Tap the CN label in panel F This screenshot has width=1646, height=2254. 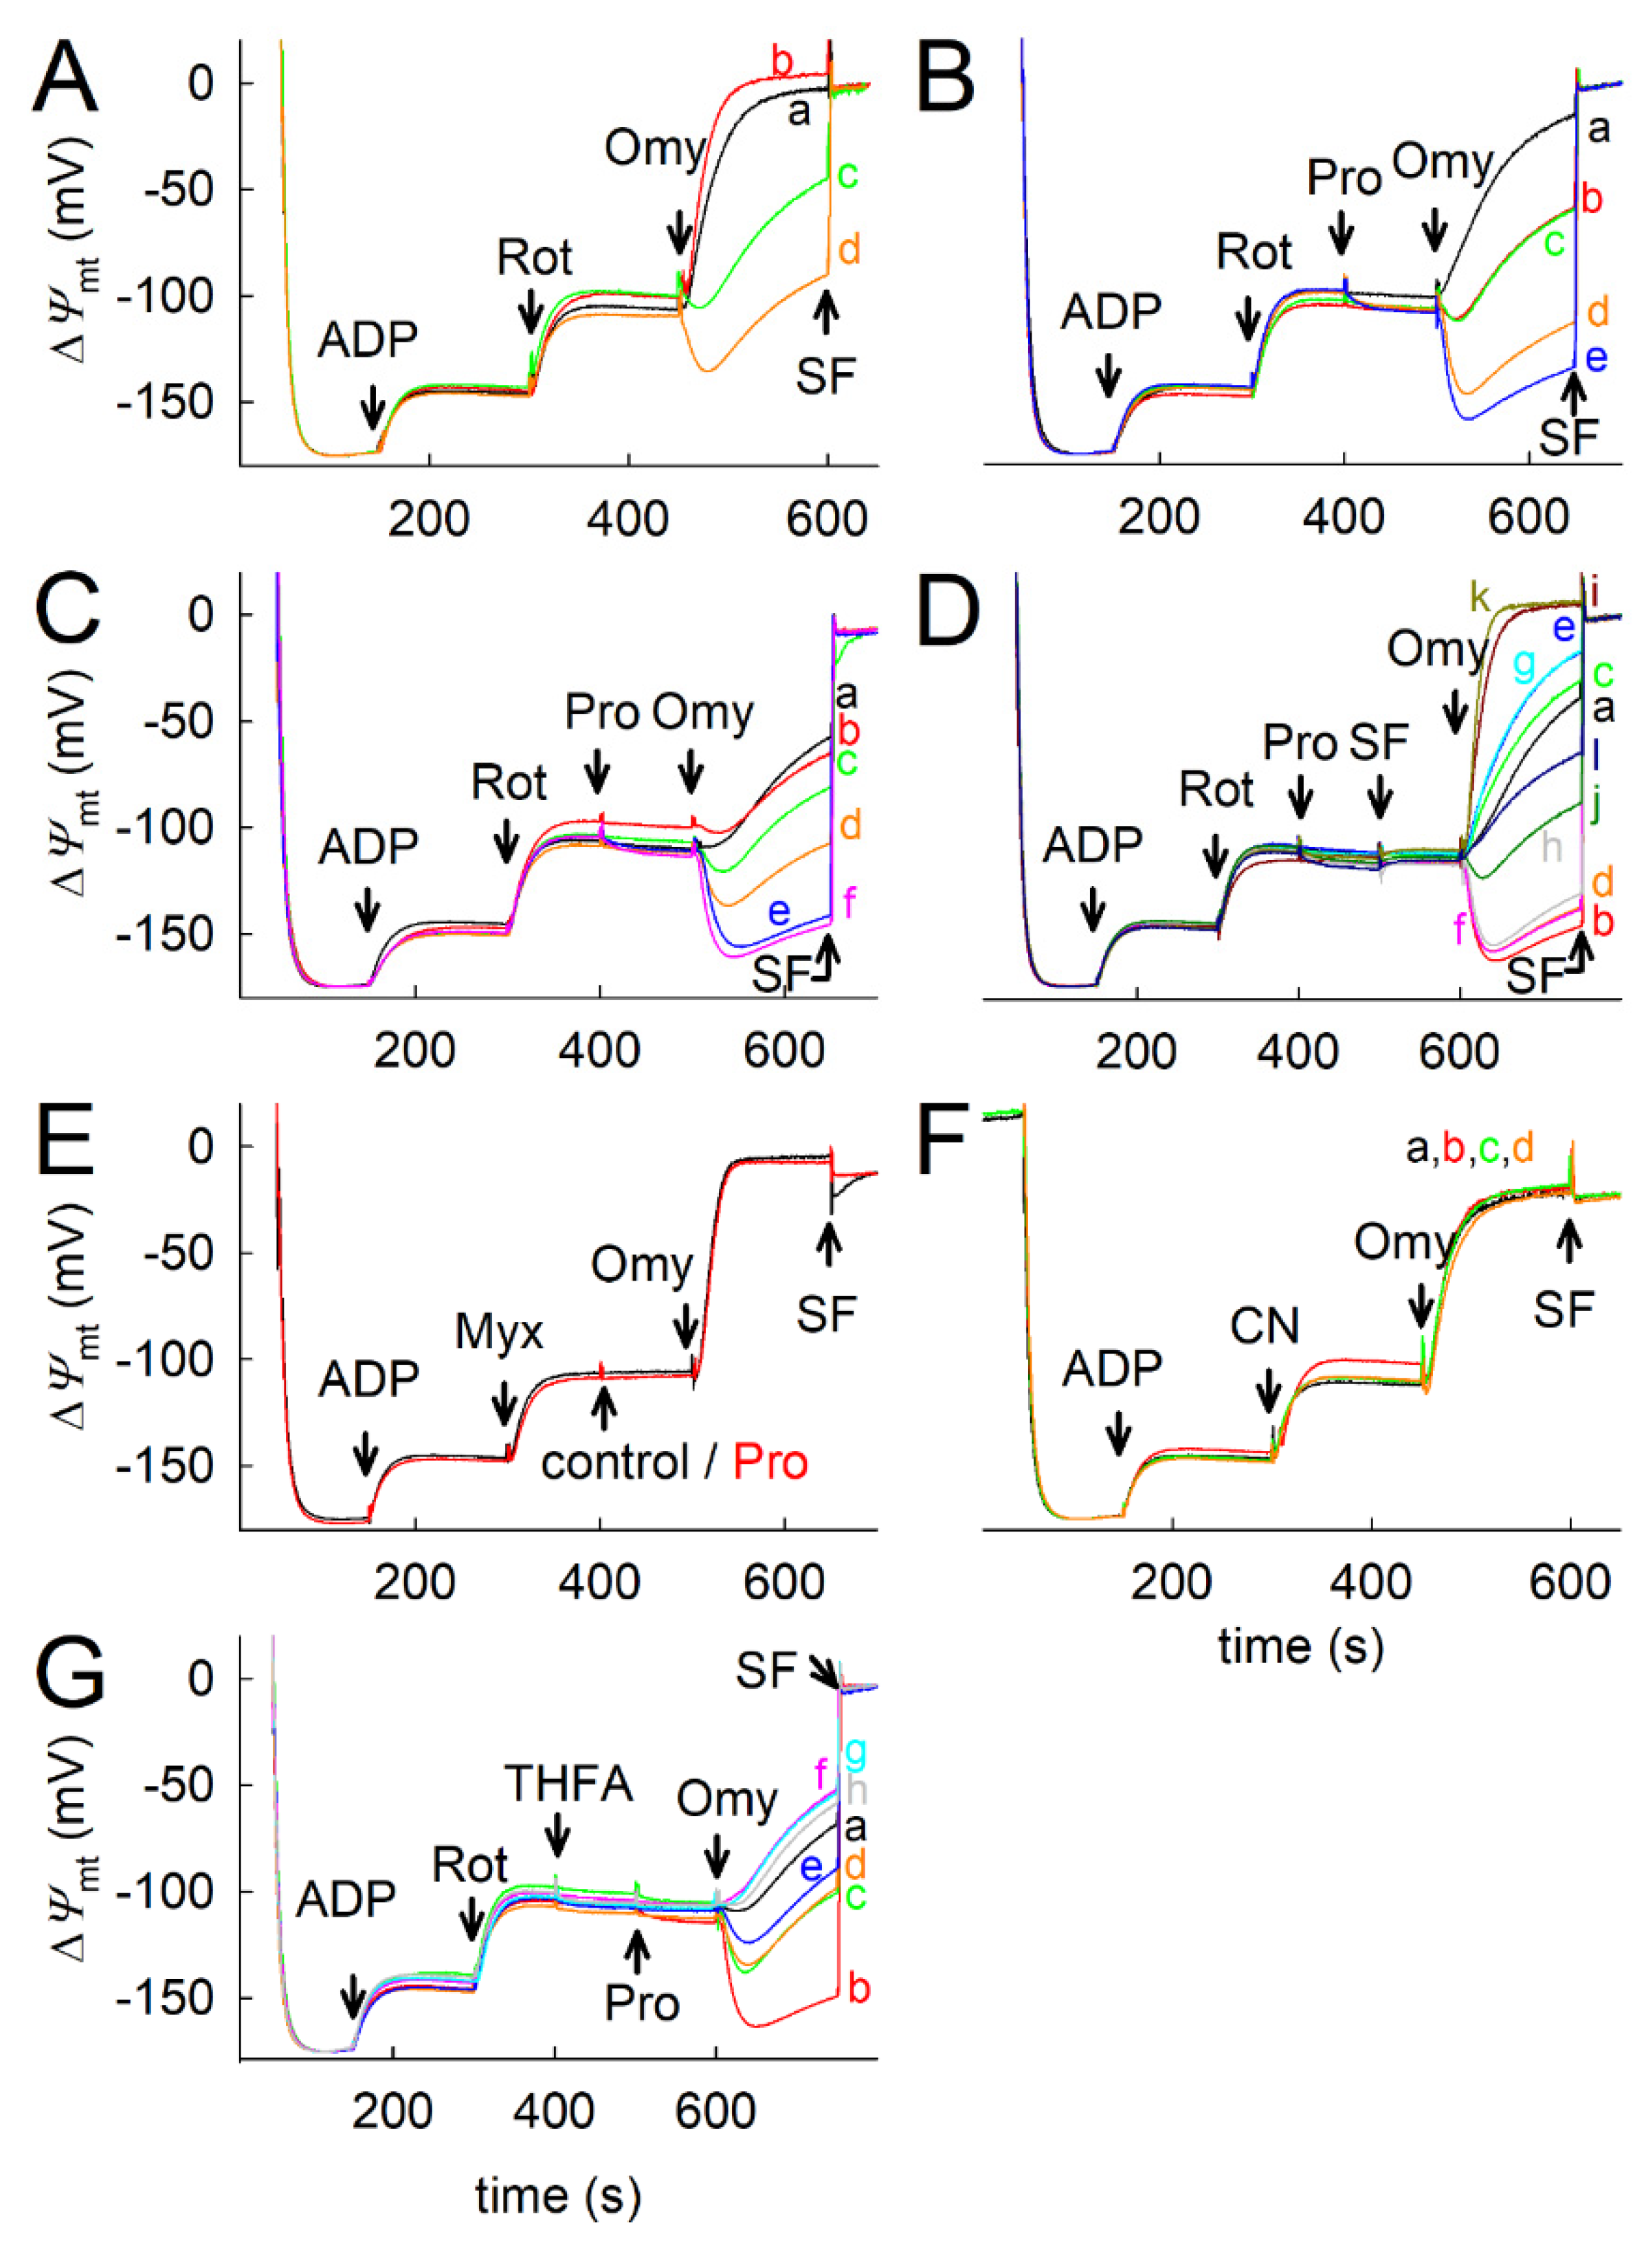1265,1326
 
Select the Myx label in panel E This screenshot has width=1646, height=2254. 499,1332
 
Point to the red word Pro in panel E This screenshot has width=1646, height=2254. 770,1463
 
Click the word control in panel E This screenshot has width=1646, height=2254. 615,1463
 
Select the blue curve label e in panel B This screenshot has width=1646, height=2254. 1595,357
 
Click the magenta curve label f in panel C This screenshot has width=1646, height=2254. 849,903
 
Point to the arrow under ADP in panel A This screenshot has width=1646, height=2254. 372,406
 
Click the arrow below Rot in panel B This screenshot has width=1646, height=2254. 1247,321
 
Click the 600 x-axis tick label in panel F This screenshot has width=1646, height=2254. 1569,1582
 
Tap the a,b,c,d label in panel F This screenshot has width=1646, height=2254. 1469,1149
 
